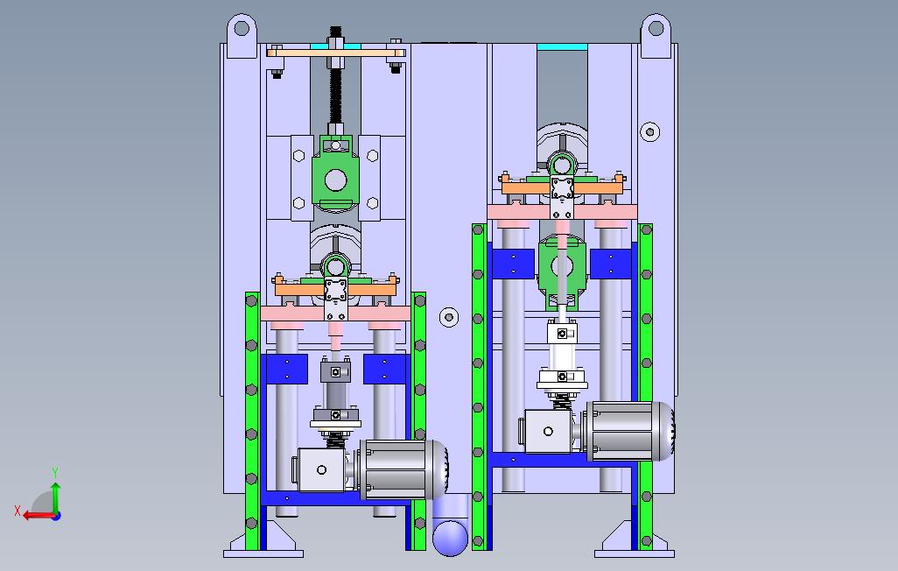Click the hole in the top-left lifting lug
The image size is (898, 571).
[242, 27]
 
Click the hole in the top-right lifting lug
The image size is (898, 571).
[656, 27]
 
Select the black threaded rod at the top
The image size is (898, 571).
[335, 81]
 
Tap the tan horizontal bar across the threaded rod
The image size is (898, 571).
[337, 53]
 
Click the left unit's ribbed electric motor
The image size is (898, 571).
[402, 469]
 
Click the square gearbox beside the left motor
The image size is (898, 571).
[321, 469]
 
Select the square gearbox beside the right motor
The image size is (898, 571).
[548, 431]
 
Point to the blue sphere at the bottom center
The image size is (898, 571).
[450, 538]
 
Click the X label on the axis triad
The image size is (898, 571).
[18, 510]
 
